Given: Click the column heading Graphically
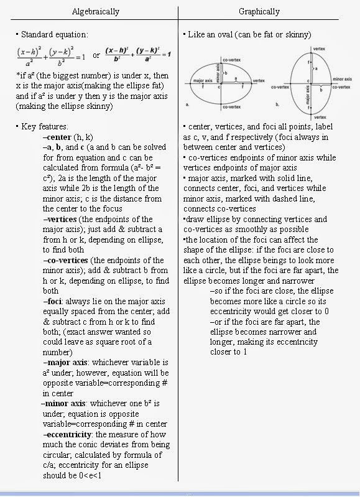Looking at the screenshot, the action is pos(259,11).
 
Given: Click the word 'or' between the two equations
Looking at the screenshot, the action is pos(96,56).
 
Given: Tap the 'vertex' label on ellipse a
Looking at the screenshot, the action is pos(259,81).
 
